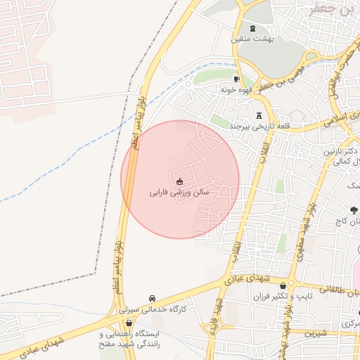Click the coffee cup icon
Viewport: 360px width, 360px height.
(x=236, y=79)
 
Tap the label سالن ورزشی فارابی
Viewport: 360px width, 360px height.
(x=179, y=191)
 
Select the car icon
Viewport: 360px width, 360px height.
(x=152, y=298)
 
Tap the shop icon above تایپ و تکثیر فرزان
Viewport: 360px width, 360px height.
(x=283, y=286)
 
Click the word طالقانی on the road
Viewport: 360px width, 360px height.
(x=335, y=288)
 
